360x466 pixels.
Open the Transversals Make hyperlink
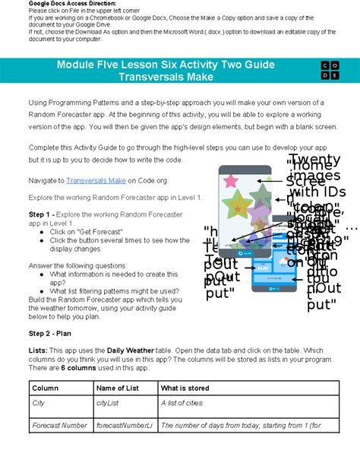point(96,180)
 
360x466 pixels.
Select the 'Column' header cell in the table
point(45,388)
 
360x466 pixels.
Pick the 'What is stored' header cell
point(186,388)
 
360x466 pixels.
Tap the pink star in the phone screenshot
point(229,180)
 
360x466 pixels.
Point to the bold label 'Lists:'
point(39,349)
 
